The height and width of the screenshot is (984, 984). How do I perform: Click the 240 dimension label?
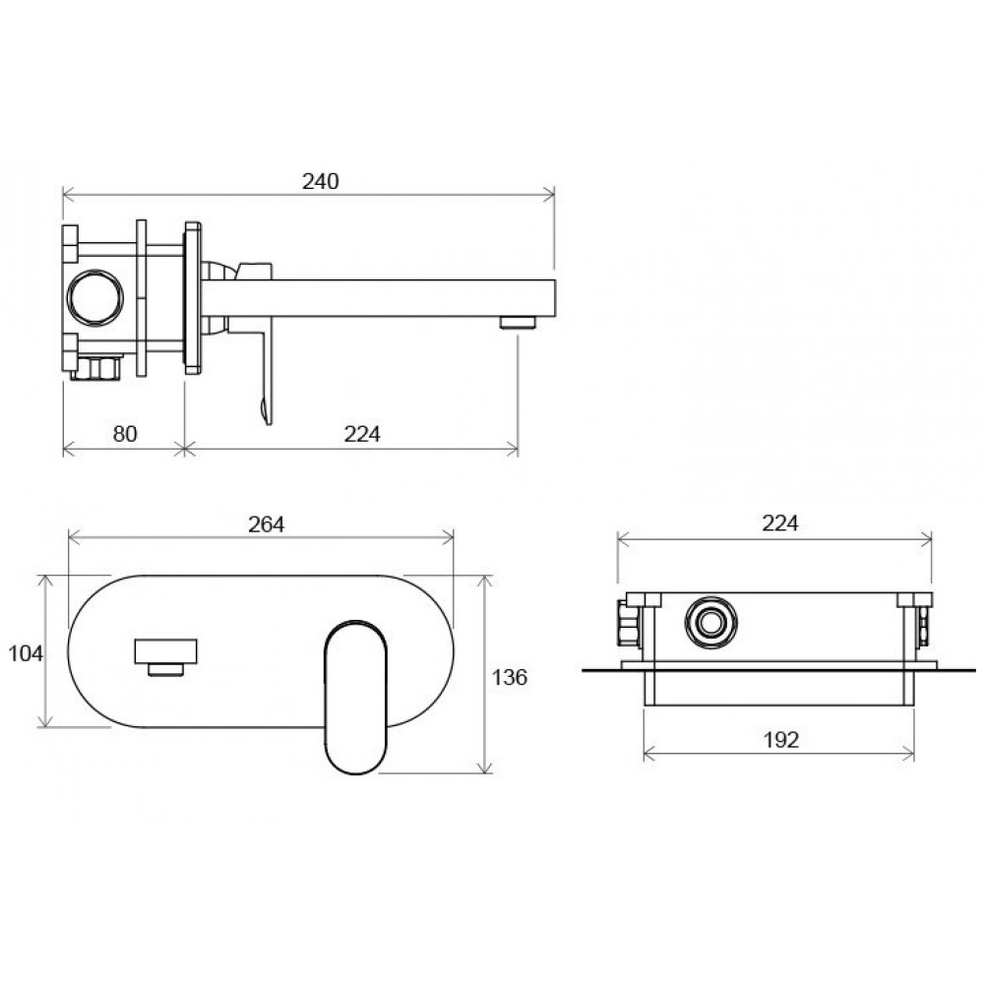pyautogui.click(x=320, y=181)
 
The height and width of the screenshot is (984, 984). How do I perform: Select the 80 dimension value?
pyautogui.click(x=124, y=434)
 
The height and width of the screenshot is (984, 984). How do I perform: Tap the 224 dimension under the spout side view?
pyautogui.click(x=362, y=434)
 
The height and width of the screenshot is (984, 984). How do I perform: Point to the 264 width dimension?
pyautogui.click(x=266, y=524)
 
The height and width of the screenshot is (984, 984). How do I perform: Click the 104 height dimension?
pyautogui.click(x=26, y=653)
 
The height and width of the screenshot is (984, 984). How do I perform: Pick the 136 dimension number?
pyautogui.click(x=509, y=677)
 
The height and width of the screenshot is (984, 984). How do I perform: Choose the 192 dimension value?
pyautogui.click(x=780, y=740)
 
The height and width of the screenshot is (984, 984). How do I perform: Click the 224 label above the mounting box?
pyautogui.click(x=780, y=523)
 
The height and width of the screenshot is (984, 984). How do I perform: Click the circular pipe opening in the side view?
pyautogui.click(x=95, y=297)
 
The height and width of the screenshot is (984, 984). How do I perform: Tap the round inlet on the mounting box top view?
pyautogui.click(x=710, y=623)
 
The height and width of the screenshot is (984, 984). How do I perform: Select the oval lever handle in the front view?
pyautogui.click(x=356, y=697)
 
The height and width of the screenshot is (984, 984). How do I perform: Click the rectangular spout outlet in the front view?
pyautogui.click(x=165, y=651)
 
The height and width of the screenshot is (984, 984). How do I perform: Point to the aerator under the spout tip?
pyautogui.click(x=518, y=323)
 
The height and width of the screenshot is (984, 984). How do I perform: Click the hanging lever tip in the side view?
pyautogui.click(x=267, y=411)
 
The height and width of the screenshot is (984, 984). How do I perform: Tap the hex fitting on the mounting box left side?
pyautogui.click(x=628, y=623)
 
